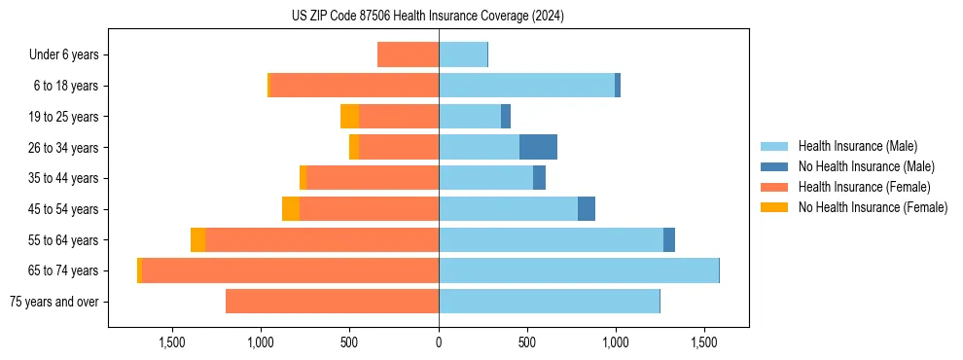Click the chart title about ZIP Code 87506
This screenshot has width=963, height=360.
coord(428,17)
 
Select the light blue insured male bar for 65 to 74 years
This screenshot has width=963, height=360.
coord(579,270)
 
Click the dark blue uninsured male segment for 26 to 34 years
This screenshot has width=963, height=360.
coord(538,147)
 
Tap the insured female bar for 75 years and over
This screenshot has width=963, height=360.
coord(332,302)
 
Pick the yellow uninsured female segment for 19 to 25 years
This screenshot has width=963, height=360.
coord(349,117)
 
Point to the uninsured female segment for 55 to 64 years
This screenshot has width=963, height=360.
coord(198,240)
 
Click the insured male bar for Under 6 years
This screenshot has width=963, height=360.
coord(463,54)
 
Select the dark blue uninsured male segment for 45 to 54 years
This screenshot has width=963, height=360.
coord(587,209)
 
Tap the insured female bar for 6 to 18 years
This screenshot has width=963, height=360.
coord(354,86)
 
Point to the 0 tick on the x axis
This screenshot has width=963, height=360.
coord(439,342)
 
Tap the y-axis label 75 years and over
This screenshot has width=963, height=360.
coord(53,302)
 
